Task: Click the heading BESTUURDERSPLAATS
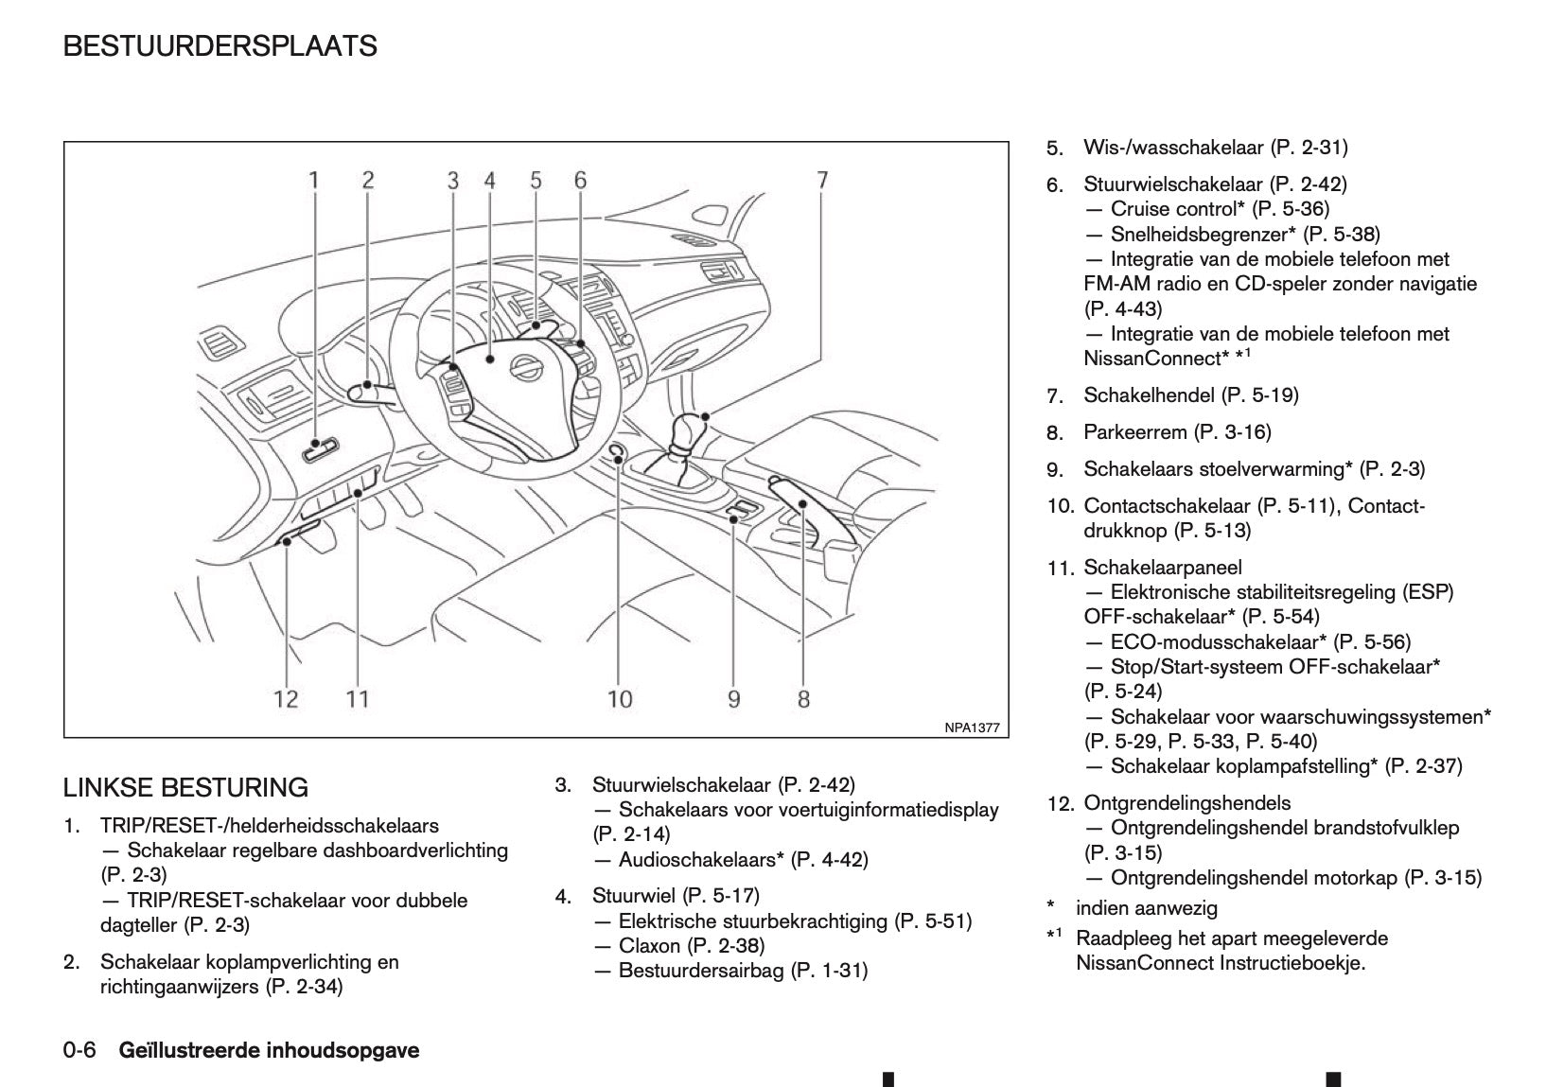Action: click(220, 46)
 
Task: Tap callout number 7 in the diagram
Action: click(822, 180)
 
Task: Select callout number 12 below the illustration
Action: click(286, 699)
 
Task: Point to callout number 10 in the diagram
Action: click(619, 699)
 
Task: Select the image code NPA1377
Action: click(971, 728)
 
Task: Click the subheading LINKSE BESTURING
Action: click(185, 787)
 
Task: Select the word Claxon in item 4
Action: click(649, 945)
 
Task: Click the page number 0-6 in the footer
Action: click(79, 1050)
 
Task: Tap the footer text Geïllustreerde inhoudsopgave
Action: click(269, 1050)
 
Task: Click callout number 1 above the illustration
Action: click(314, 180)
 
